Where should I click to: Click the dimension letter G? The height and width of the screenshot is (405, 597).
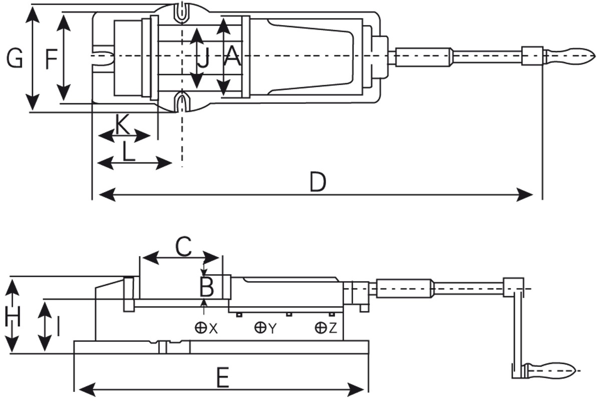coord(15,59)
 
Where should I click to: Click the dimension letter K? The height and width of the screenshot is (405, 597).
coord(122,125)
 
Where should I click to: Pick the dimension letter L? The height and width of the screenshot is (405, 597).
coord(129,151)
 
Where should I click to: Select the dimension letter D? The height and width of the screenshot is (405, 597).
coord(318,182)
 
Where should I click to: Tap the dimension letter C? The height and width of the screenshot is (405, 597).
coord(183,247)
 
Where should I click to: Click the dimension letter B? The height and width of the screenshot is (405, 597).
coord(207,286)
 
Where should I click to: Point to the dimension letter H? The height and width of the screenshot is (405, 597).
coord(12,317)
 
